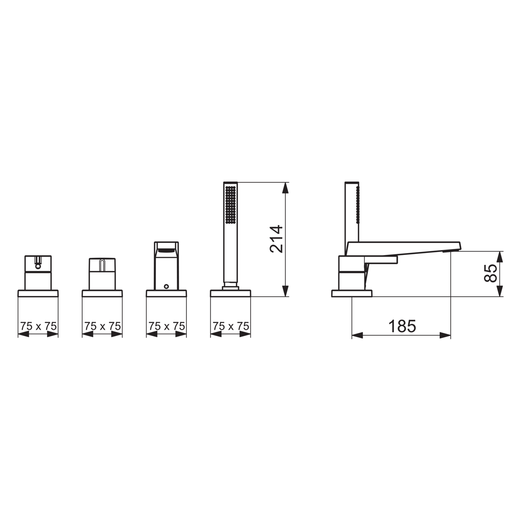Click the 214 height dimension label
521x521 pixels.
tap(277, 239)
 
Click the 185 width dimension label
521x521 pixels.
tap(402, 326)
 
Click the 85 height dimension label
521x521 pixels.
tap(491, 274)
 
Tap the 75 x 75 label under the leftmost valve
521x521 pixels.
tap(38, 326)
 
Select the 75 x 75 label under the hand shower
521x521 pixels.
tap(231, 326)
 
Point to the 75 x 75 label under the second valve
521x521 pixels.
tap(102, 326)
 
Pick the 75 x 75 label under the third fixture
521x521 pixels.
tap(167, 326)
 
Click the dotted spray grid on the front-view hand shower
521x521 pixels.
tap(230, 205)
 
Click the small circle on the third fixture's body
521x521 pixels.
tap(167, 286)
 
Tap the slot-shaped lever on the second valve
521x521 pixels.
tap(102, 265)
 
